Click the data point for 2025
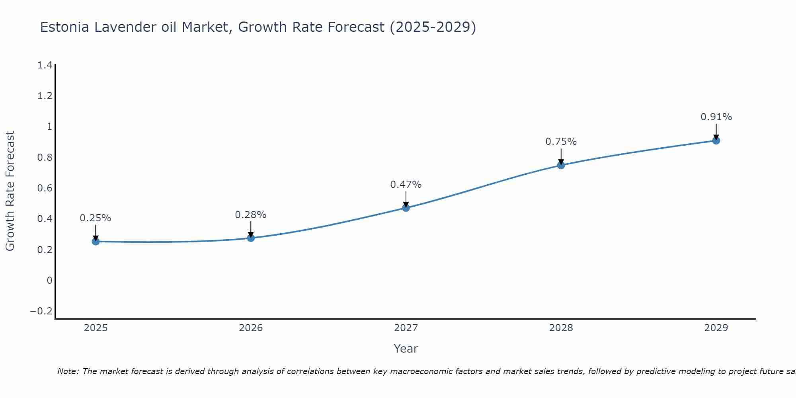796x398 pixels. click(96, 241)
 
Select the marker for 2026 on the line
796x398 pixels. click(251, 238)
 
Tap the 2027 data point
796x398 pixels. click(406, 208)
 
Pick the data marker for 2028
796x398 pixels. click(561, 165)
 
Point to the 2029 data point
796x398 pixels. click(716, 140)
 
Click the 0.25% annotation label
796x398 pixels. click(96, 218)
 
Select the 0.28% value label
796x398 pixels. click(251, 215)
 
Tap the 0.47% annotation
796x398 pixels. click(406, 185)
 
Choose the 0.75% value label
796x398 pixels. click(561, 142)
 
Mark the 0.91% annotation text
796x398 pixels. click(716, 117)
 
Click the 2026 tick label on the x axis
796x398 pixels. click(251, 328)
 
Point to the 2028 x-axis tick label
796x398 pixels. click(561, 328)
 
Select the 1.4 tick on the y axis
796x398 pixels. click(45, 65)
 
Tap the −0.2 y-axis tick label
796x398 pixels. click(41, 311)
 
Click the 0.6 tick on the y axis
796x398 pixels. click(45, 188)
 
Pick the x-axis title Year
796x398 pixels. click(406, 349)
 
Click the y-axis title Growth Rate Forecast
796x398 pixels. click(10, 191)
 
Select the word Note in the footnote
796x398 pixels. click(68, 372)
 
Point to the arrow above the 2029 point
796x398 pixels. click(716, 131)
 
